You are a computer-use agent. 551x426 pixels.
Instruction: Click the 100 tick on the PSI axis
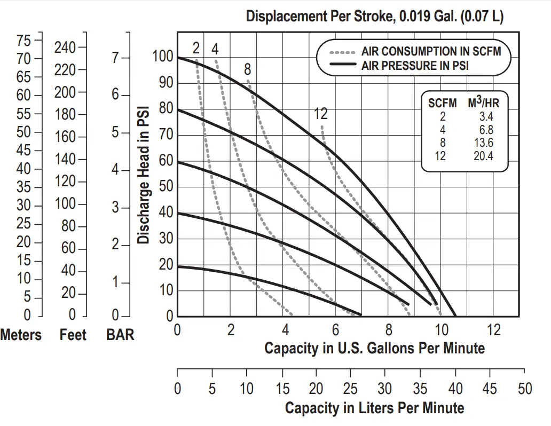163,56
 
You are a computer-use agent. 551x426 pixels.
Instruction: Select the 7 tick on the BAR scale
116,58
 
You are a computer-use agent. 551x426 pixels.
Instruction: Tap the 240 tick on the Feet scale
65,47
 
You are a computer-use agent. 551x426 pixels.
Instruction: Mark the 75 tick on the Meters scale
23,40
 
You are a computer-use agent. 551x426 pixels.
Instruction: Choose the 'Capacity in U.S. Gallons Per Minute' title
374,348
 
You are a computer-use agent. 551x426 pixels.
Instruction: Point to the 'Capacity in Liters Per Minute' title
374,408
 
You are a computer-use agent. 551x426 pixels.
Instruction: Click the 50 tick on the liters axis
525,389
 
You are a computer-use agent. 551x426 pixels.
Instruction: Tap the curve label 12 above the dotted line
320,114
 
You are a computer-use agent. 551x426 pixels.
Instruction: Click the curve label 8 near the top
247,69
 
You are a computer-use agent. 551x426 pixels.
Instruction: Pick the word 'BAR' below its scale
120,335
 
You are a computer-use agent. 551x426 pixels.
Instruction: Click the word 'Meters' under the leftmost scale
21,335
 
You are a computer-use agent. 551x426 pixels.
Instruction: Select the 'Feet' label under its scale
73,335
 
